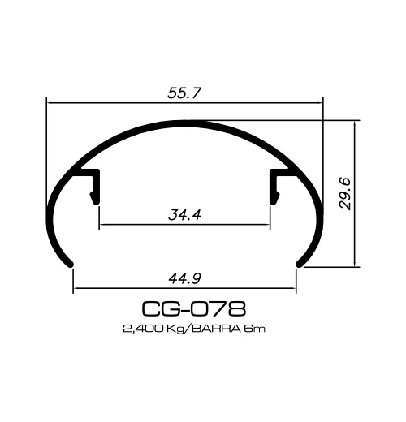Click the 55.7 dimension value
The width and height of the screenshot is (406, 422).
pos(185,93)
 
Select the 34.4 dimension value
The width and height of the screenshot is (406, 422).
pos(185,215)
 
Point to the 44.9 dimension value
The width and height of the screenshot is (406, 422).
pos(185,278)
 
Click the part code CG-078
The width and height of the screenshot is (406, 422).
pos(193,308)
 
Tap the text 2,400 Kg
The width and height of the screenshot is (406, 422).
pos(152,329)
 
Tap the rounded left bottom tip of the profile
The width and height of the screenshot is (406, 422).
pos(70,262)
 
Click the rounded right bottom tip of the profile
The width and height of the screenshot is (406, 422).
pos(300,262)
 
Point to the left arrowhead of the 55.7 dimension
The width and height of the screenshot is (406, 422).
pos(50,102)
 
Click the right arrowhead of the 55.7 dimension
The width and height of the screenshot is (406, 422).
pos(320,102)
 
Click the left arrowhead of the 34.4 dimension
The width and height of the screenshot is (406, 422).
pos(102,225)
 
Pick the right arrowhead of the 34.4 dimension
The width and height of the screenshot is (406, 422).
pos(266,225)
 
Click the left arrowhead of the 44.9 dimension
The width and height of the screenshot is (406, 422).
pos(77,288)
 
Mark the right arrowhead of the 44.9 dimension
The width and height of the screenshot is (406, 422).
pos(293,288)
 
